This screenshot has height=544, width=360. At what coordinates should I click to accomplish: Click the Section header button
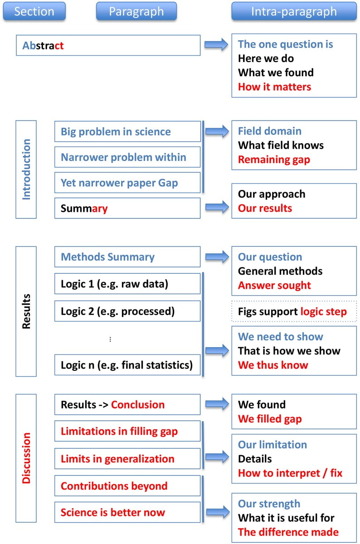click(x=34, y=11)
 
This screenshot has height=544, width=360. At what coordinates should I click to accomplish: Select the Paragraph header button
click(x=136, y=11)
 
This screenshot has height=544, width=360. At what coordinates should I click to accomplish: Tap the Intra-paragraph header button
click(x=294, y=11)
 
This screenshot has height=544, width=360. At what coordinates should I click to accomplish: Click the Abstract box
click(x=108, y=45)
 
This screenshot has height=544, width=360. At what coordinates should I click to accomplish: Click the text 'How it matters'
click(x=274, y=87)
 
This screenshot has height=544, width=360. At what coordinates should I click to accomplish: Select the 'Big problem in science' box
click(x=127, y=132)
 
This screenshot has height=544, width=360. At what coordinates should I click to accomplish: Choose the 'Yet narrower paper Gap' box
click(x=127, y=183)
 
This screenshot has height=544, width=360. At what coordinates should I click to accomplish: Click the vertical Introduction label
click(x=26, y=169)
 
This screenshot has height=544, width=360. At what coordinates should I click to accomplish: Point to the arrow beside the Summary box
click(x=216, y=208)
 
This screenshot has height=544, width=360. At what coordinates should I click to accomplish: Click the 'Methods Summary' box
click(x=127, y=257)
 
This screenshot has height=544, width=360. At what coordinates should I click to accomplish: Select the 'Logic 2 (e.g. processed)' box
click(x=127, y=311)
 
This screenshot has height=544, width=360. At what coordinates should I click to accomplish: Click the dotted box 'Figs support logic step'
click(x=294, y=311)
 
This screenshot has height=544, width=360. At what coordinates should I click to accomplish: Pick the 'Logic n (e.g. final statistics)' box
click(x=127, y=364)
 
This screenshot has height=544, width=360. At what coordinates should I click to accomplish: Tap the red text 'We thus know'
click(x=273, y=365)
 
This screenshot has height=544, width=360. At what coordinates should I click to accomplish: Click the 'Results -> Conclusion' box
click(x=127, y=404)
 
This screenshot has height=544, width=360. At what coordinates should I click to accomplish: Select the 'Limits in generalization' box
click(x=127, y=459)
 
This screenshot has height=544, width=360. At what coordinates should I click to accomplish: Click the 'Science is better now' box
click(x=127, y=513)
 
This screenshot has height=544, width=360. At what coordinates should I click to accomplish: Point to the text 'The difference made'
click(x=288, y=532)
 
